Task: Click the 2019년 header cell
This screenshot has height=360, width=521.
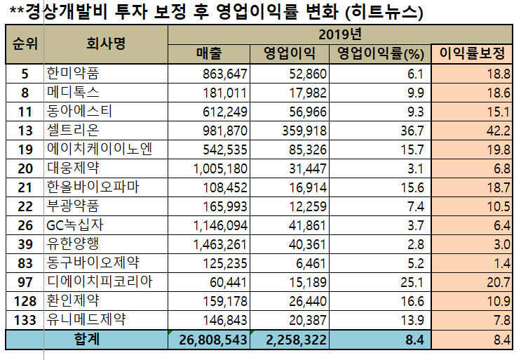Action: click(x=341, y=34)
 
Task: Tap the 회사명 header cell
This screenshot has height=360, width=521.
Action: click(x=106, y=44)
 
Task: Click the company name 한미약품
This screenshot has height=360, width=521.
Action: click(x=75, y=73)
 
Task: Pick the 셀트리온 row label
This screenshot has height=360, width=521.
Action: click(x=74, y=130)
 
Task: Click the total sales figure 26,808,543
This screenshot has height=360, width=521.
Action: click(x=208, y=340)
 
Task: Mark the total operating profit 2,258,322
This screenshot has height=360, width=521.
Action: click(x=290, y=340)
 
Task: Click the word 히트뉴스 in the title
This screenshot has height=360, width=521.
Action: click(x=384, y=12)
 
